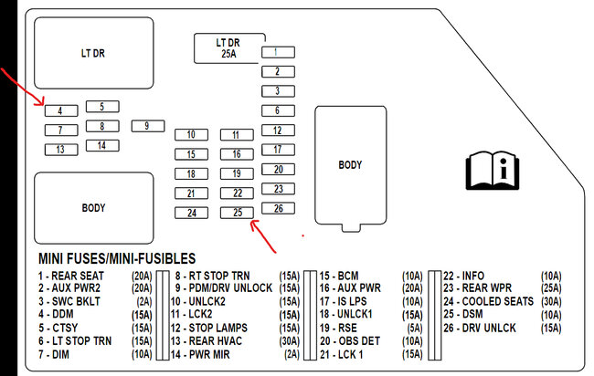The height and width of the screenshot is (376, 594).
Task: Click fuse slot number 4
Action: click(61, 110)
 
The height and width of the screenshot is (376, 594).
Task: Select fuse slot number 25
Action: click(237, 213)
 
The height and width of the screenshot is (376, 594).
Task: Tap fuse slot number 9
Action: click(146, 125)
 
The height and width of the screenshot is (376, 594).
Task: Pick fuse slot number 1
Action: click(278, 52)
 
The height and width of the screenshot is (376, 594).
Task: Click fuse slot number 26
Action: click(278, 207)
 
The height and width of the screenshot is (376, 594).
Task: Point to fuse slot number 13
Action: click(61, 149)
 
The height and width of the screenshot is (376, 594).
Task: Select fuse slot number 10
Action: click(191, 135)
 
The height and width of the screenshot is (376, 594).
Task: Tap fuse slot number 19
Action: click(237, 173)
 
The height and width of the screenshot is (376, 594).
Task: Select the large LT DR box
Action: click(93, 54)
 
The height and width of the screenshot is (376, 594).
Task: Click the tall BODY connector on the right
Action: click(350, 165)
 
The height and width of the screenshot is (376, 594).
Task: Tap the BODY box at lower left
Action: click(93, 207)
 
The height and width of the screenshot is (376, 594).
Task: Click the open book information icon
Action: click(492, 170)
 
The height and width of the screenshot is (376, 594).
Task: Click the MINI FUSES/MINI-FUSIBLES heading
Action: click(116, 259)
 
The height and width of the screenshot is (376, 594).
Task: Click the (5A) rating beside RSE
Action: click(415, 327)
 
